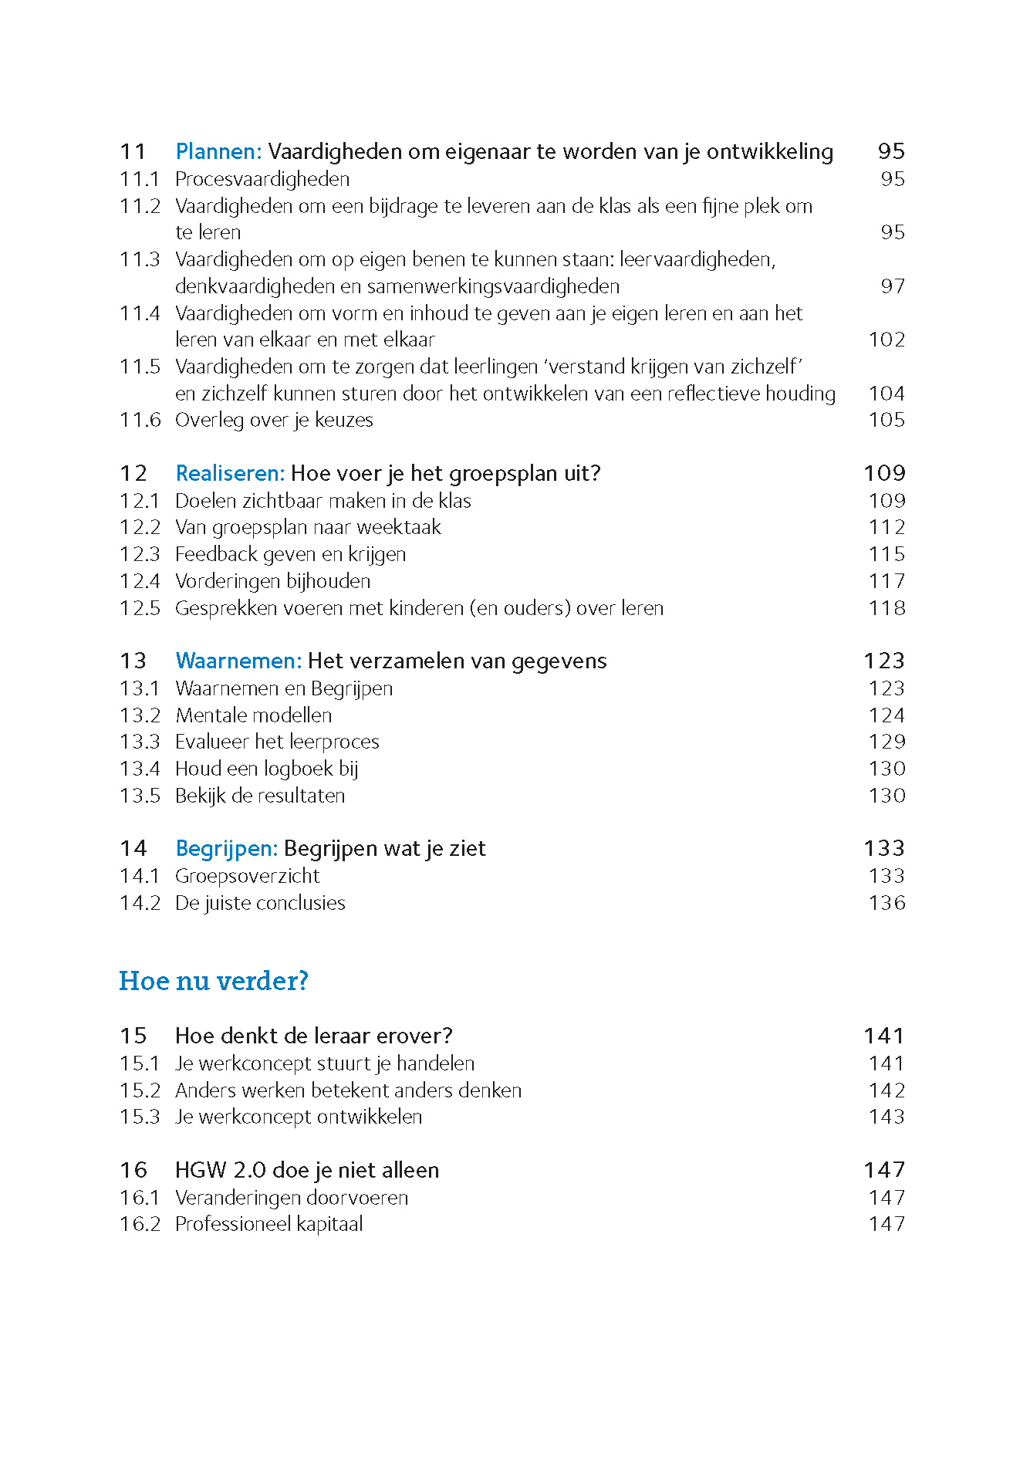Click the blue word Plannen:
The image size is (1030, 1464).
[x=218, y=151]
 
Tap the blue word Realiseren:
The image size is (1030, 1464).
[x=230, y=473]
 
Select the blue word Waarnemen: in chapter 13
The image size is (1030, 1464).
[x=238, y=661]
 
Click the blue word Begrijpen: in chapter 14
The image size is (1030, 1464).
[x=226, y=848]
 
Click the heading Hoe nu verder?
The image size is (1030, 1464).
[x=214, y=981]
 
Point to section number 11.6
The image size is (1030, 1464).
[x=140, y=420]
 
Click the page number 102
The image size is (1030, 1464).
[x=886, y=340]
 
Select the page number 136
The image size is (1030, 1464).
[x=886, y=903]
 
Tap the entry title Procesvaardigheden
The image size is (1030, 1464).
[x=262, y=179]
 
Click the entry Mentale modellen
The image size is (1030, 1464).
[x=254, y=715]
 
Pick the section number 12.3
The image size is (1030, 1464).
[x=140, y=554]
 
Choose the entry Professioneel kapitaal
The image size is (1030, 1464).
[x=268, y=1224]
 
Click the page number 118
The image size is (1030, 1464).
[x=886, y=608]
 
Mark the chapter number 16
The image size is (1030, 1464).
[x=133, y=1170]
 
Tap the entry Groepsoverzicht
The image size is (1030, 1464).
[x=247, y=876]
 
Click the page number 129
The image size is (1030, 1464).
[x=886, y=742]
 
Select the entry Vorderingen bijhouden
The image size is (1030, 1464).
[x=272, y=581]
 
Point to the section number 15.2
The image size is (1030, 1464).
[x=140, y=1090]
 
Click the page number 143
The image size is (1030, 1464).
[x=886, y=1117]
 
